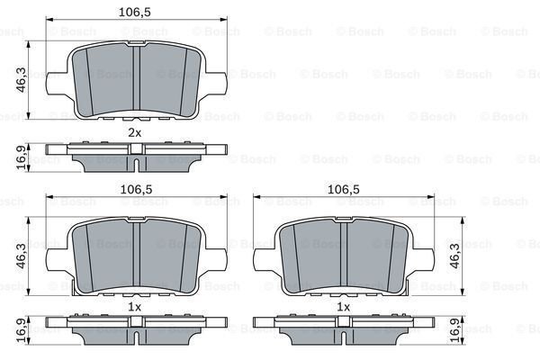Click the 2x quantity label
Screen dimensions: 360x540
click(x=134, y=133)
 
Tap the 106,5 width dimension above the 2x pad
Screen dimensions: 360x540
click(x=134, y=13)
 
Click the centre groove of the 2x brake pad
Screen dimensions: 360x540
click(x=134, y=79)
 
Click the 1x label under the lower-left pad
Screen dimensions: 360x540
click(x=134, y=307)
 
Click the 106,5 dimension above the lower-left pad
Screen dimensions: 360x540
click(x=134, y=190)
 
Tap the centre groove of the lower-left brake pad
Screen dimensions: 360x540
click(x=134, y=256)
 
